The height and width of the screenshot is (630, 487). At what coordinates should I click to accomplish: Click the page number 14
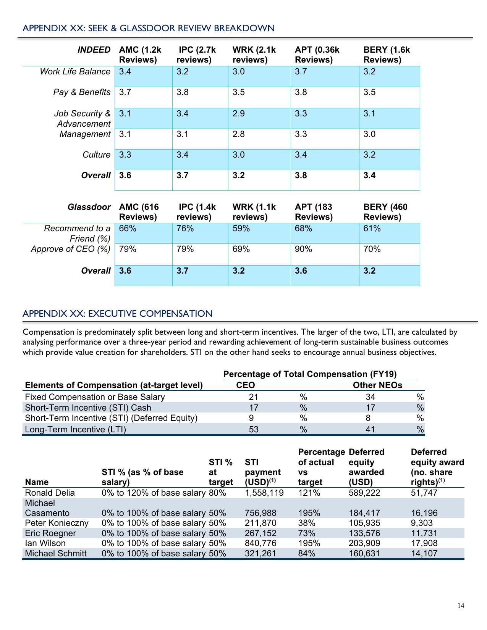tap(461, 605)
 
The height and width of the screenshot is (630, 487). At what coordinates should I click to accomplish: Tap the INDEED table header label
tap(94, 50)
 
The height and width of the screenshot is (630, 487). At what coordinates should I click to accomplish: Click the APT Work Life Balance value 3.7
tap(301, 72)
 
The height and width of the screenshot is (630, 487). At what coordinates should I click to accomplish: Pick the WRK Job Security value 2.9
tap(238, 113)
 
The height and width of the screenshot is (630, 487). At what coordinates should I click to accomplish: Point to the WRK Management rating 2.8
tap(238, 134)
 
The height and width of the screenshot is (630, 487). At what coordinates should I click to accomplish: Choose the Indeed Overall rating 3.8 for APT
tap(301, 175)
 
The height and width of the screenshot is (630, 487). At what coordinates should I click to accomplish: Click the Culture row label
tap(96, 155)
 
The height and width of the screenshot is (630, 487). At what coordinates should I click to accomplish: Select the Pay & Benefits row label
tap(82, 92)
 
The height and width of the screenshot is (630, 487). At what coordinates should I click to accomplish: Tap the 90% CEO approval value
tap(303, 249)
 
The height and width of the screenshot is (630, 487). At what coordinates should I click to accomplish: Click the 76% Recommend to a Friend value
tap(185, 229)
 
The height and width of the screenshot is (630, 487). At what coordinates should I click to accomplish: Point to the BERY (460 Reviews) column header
tap(385, 212)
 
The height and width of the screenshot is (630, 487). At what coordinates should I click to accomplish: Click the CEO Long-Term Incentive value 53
tap(253, 429)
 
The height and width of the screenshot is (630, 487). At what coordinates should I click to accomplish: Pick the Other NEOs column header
tap(377, 385)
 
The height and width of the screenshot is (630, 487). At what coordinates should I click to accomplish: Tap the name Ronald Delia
tap(50, 493)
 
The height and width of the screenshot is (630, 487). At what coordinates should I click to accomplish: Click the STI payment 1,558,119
tap(264, 493)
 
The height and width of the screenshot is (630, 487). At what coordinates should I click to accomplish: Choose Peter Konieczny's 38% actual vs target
tap(306, 523)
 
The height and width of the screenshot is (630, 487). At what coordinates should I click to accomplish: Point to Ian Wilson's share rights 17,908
tap(424, 543)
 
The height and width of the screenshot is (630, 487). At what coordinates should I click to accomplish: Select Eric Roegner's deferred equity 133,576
tap(364, 533)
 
